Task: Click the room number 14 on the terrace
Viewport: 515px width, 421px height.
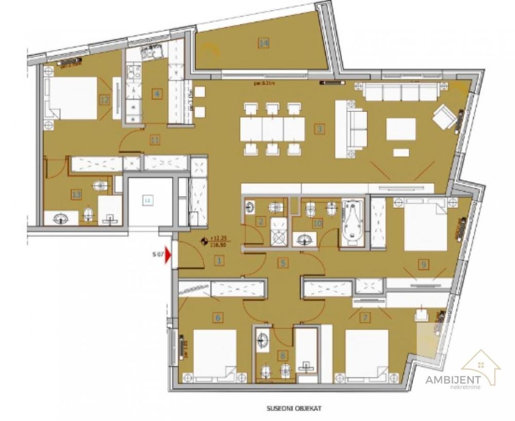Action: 264,43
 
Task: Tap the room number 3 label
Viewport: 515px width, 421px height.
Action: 320,129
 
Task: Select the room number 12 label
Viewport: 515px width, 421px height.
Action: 105,99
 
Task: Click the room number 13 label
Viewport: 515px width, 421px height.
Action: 77,194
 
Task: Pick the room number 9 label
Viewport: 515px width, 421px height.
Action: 424,265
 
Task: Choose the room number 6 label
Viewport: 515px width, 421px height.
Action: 218,318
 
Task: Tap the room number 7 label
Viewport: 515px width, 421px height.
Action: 365,318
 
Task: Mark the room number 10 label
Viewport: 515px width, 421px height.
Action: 317,223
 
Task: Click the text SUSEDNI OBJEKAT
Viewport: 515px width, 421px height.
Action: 294,408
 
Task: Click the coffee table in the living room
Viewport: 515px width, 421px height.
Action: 401,129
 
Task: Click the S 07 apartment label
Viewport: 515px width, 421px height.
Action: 158,254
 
